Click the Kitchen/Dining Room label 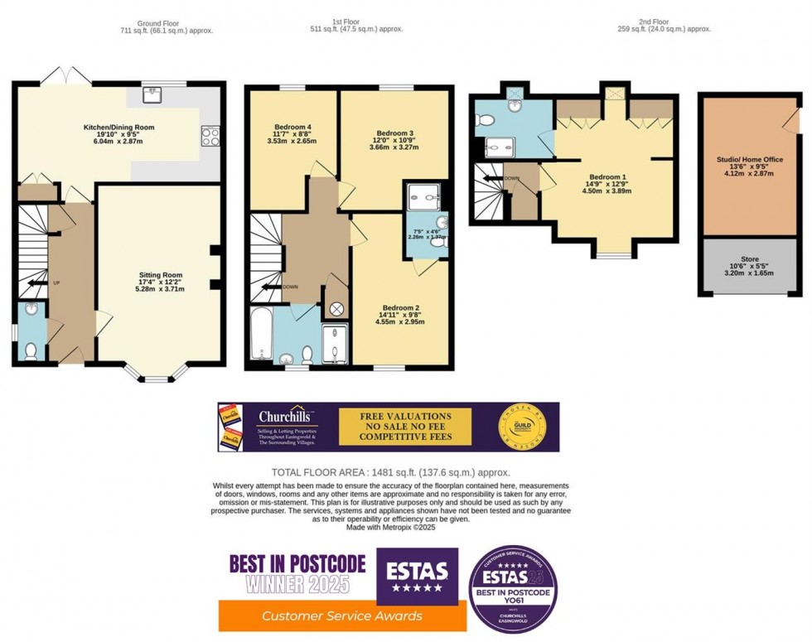[x=118, y=128]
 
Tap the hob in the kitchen [x=210, y=136]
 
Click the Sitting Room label [x=160, y=275]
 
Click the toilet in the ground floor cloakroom [x=31, y=350]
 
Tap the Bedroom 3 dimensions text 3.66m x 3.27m [x=394, y=147]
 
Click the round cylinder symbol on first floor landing [x=337, y=309]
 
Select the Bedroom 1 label [x=606, y=177]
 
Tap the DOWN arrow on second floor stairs [x=495, y=177]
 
